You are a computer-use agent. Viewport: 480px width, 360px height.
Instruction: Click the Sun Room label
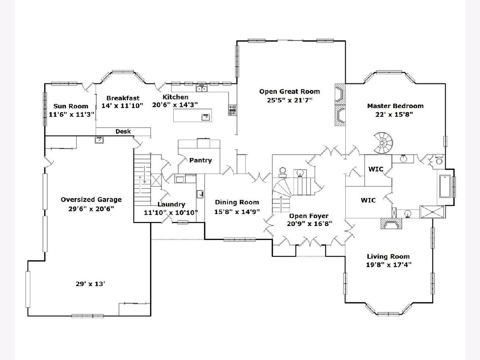[71, 106]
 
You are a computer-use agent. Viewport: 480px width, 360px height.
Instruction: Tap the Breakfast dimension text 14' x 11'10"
[122, 106]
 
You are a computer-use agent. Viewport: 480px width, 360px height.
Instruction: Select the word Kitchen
[175, 97]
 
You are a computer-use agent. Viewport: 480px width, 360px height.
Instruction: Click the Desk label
[123, 131]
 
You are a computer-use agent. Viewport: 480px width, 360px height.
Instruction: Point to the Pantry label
[200, 160]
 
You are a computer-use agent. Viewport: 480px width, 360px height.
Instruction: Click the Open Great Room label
[290, 92]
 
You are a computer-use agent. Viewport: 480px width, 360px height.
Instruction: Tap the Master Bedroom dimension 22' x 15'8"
[394, 114]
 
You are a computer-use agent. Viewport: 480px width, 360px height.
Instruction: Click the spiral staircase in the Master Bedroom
[383, 143]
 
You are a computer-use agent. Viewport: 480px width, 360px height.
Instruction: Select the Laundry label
[172, 204]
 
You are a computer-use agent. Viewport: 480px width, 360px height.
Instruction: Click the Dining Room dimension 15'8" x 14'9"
[237, 212]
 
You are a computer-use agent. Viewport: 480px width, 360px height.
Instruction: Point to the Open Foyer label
[309, 216]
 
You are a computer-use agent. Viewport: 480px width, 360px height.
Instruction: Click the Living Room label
[388, 256]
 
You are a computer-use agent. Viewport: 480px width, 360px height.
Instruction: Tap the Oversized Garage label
[91, 200]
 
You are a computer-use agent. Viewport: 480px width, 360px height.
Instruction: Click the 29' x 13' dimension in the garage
[90, 284]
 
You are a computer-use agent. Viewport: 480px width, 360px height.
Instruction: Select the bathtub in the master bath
[445, 186]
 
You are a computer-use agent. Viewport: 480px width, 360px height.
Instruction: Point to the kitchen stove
[232, 110]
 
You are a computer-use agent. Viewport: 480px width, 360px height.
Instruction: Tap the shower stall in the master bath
[432, 212]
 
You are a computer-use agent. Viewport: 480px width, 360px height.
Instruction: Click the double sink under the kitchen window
[202, 88]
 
